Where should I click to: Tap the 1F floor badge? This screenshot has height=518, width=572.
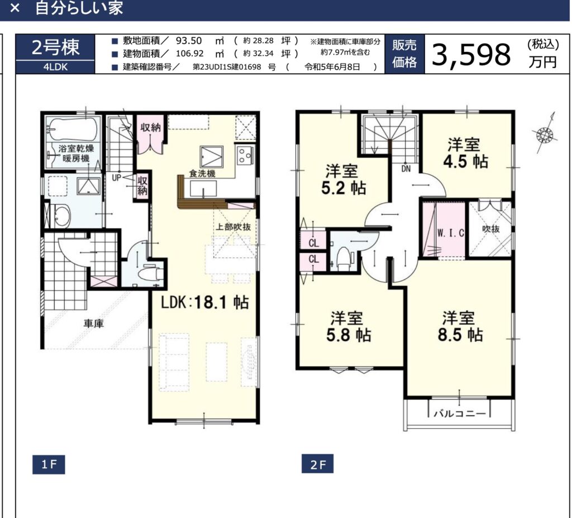pyautogui.click(x=49, y=464)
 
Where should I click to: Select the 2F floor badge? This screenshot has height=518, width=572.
pyautogui.click(x=317, y=464)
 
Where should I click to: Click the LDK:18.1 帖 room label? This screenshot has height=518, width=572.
pyautogui.click(x=205, y=302)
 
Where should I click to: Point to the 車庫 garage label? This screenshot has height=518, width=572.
pyautogui.click(x=94, y=324)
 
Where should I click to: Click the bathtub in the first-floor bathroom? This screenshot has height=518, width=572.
pyautogui.click(x=73, y=129)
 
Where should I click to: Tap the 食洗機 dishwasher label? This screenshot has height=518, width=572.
pyautogui.click(x=202, y=173)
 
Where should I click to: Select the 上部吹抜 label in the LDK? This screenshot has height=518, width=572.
pyautogui.click(x=233, y=227)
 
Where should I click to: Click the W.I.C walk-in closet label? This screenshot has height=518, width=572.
pyautogui.click(x=451, y=233)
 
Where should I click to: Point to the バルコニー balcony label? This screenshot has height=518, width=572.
pyautogui.click(x=460, y=414)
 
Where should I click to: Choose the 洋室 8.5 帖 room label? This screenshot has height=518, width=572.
pyautogui.click(x=460, y=326)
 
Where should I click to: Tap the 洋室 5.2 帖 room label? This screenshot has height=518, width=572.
pyautogui.click(x=344, y=179)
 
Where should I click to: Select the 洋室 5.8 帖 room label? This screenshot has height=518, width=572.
pyautogui.click(x=349, y=326)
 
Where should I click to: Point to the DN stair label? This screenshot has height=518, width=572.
pyautogui.click(x=406, y=169)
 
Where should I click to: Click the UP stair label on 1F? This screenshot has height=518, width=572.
pyautogui.click(x=116, y=178)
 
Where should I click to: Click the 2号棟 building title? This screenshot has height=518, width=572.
pyautogui.click(x=55, y=47)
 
